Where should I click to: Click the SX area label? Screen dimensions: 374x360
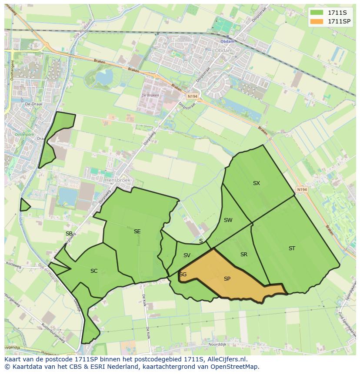click(x=257, y=183)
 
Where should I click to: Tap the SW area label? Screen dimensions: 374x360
click(x=228, y=220)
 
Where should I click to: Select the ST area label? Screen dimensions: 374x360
click(x=292, y=248)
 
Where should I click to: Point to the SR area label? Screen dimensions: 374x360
click(x=244, y=255)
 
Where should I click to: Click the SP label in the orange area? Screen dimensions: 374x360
click(x=227, y=279)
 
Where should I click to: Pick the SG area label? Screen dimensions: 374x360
click(x=183, y=275)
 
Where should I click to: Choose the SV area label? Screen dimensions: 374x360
click(x=187, y=255)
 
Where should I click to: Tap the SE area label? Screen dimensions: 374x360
click(x=137, y=232)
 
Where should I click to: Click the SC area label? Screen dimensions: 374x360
click(x=94, y=271)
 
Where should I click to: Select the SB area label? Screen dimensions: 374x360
click(x=69, y=234)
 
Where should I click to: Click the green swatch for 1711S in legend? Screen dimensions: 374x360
click(x=316, y=13)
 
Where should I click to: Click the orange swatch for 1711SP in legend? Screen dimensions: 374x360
click(x=316, y=21)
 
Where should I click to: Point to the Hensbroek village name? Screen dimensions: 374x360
click(x=117, y=179)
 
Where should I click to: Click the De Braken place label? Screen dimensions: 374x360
click(x=150, y=95)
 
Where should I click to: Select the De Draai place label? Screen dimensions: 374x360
click(x=33, y=104)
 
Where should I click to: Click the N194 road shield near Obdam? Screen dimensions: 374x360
click(x=192, y=96)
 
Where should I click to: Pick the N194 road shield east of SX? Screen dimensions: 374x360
click(x=302, y=190)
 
